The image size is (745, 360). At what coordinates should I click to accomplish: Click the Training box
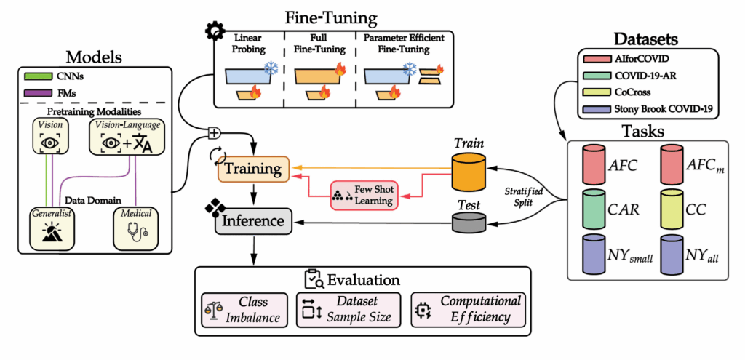click(x=253, y=169)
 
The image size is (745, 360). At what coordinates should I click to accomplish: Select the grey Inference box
click(x=252, y=219)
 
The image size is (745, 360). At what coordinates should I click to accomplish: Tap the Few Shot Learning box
click(x=364, y=194)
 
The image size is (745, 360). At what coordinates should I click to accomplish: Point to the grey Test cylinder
click(x=469, y=222)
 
